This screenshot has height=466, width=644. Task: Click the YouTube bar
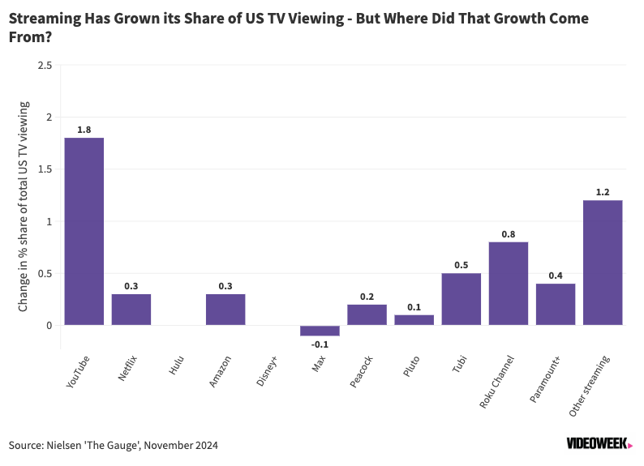point(84,232)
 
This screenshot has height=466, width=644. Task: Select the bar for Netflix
point(131,310)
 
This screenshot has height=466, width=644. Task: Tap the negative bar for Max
point(320,331)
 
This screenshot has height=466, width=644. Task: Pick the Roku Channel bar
point(509,284)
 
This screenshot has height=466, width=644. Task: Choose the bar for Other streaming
point(603,263)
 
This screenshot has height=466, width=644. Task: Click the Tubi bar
point(462,299)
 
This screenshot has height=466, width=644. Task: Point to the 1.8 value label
point(84,129)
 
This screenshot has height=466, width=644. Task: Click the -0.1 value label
point(320,344)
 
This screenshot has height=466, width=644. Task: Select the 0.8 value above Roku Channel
point(509,233)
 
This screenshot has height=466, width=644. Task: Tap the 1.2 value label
point(603,192)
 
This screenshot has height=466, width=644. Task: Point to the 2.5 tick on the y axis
point(45,65)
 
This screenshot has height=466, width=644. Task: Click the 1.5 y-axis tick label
point(45,169)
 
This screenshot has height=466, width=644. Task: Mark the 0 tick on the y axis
point(49,326)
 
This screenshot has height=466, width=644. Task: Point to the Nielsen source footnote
point(114,445)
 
